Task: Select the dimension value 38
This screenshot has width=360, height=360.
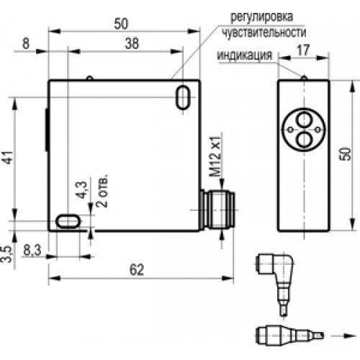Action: (x=132, y=42)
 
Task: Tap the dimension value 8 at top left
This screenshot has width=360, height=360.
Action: (x=26, y=42)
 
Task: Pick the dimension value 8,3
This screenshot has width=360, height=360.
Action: (x=32, y=251)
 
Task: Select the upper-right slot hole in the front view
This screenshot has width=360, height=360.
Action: (x=183, y=96)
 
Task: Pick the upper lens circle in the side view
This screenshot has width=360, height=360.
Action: (x=303, y=114)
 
